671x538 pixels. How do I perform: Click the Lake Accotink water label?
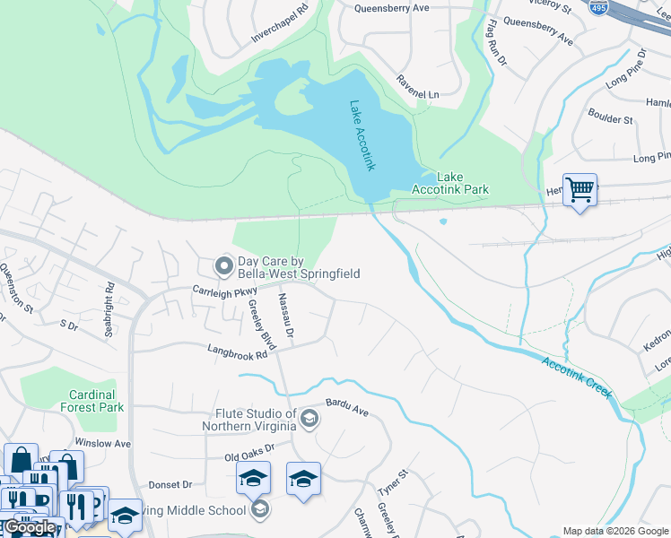tap(361, 135)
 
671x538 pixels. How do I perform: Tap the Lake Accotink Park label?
tap(449, 184)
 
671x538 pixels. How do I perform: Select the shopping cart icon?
tap(580, 190)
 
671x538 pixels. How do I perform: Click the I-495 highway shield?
tap(598, 7)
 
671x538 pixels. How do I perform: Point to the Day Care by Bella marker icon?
tap(223, 265)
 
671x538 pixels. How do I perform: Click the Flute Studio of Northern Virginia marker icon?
tap(309, 419)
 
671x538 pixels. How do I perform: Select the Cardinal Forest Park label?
tap(93, 401)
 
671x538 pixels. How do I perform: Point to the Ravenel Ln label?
tap(419, 86)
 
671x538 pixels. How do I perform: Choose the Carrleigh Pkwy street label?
tap(225, 291)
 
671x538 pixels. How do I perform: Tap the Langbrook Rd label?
tap(238, 354)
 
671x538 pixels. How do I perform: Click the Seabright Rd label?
tap(109, 299)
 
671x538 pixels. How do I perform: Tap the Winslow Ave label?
tap(103, 443)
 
